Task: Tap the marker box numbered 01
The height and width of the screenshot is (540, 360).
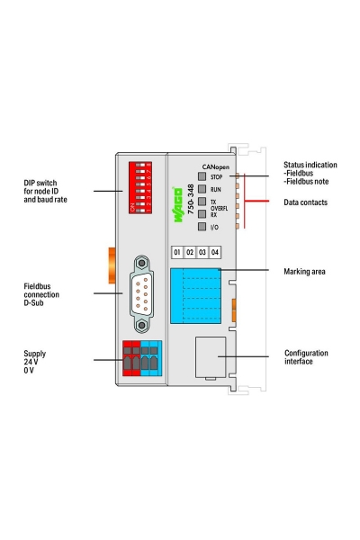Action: (177, 252)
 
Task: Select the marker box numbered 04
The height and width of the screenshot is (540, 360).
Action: (215, 252)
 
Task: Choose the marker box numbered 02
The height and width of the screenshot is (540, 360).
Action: (190, 252)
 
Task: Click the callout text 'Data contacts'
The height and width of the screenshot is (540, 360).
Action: (305, 203)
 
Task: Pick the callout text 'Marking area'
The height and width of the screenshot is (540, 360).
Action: (304, 271)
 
